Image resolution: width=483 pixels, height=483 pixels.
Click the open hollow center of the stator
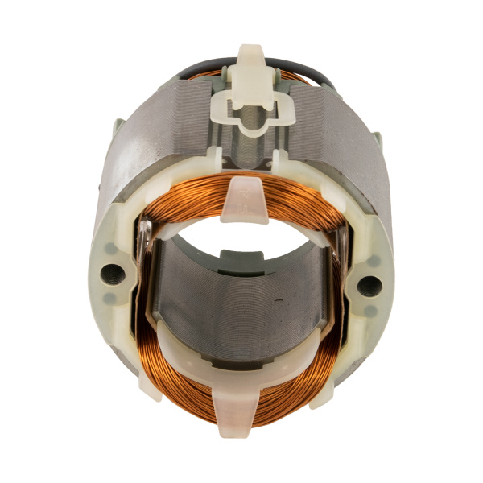pos(242,237)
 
